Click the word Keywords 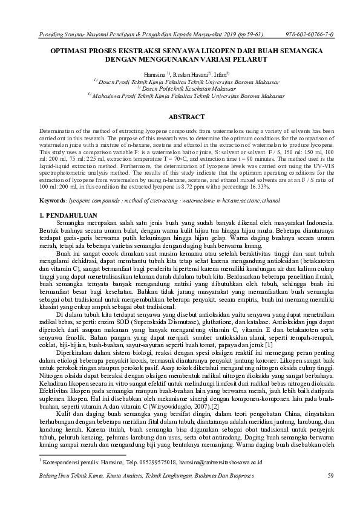pos(53,182)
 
